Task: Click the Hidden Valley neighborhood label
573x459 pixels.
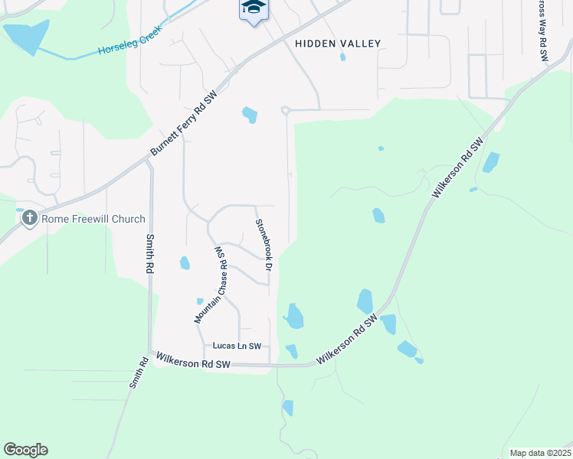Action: click(337, 44)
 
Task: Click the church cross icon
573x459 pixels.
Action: click(29, 219)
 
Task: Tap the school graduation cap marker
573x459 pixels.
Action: click(254, 8)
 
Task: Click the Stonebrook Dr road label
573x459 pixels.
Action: click(264, 244)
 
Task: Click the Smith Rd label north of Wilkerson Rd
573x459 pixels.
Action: click(149, 254)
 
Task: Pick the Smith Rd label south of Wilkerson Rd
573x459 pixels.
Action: click(138, 373)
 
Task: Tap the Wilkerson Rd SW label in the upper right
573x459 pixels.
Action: click(458, 168)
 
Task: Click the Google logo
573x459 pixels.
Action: click(25, 450)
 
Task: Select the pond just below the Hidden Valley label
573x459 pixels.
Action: click(342, 56)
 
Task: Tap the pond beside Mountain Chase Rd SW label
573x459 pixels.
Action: click(185, 263)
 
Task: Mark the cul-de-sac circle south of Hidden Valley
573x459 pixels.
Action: click(284, 111)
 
